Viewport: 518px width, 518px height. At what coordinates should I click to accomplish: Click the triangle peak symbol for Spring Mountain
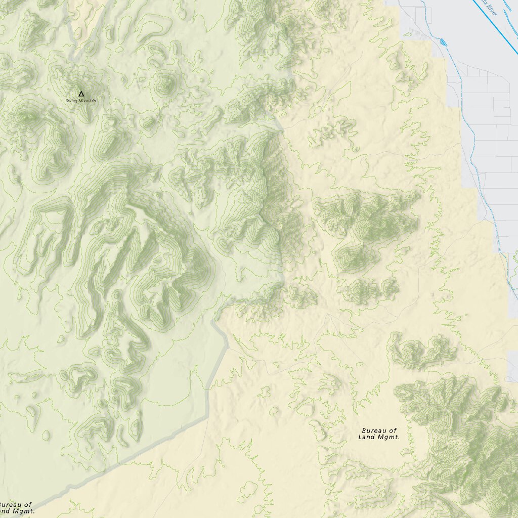pos(81,94)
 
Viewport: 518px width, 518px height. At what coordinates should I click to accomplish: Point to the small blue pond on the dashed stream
pos(444,41)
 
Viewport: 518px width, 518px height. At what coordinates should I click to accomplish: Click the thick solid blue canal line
pos(498,30)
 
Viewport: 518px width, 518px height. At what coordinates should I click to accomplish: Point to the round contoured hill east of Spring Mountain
pos(165,85)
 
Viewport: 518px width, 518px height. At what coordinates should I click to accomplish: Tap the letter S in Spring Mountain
pos(67,101)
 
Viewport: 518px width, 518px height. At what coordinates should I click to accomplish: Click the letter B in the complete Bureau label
pos(364,430)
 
